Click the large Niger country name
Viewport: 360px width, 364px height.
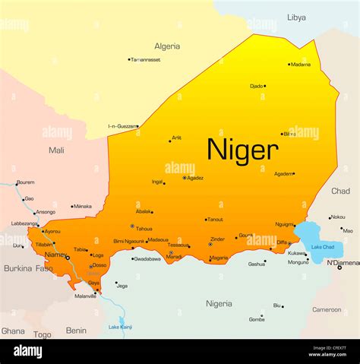coord(242,149)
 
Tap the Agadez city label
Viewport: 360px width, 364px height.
coord(195,178)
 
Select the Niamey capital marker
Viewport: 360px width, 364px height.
coord(67,258)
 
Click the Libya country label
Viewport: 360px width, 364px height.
coord(296,17)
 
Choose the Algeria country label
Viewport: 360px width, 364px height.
coord(167,46)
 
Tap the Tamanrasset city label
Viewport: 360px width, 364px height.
coord(147,59)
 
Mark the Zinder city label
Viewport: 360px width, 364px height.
coord(217,239)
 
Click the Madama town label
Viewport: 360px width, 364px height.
coord(301,65)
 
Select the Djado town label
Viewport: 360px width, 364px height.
coord(256,86)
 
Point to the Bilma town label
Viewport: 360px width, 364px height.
coord(289,134)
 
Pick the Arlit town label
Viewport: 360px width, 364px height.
coord(177,138)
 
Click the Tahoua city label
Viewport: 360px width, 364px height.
coord(144,228)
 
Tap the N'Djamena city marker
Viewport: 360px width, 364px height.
coord(339,267)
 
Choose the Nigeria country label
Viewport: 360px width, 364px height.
coord(219,303)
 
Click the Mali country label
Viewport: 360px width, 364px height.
coord(56,150)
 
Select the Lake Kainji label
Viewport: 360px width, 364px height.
coord(120,327)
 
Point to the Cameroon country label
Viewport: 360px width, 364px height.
coord(327,309)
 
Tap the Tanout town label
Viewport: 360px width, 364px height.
coord(216,220)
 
